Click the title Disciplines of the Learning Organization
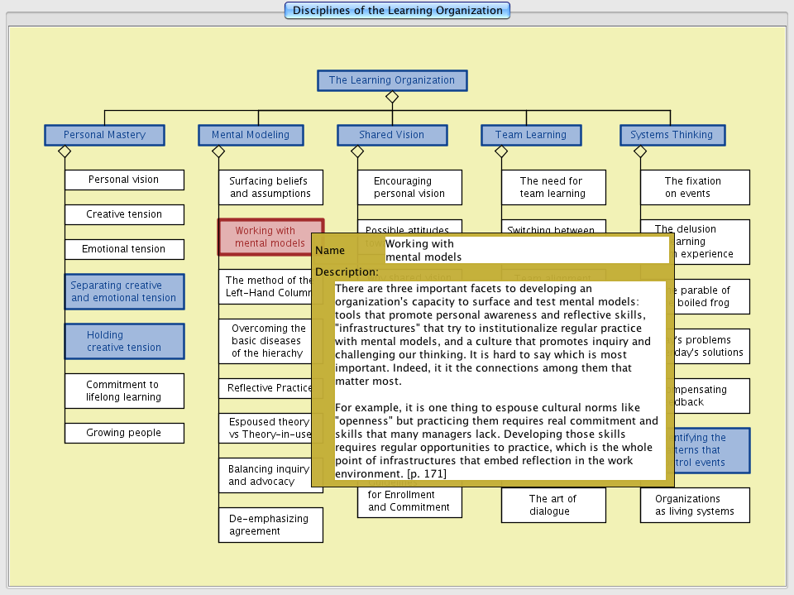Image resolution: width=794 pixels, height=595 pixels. tap(397, 11)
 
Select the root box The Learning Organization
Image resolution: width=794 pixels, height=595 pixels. tap(392, 80)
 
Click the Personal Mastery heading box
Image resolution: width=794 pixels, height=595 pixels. tap(104, 135)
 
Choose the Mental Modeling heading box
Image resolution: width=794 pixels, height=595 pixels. tap(251, 135)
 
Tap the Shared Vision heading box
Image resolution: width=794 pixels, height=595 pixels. tap(391, 135)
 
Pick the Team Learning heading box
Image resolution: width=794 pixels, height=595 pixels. tap(531, 135)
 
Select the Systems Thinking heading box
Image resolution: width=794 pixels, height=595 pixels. tap(672, 135)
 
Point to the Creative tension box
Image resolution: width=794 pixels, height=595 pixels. tap(124, 214)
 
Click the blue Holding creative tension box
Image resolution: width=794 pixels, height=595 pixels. tap(124, 341)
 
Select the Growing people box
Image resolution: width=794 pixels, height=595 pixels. tap(124, 433)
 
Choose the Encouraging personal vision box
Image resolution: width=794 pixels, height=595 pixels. tap(409, 187)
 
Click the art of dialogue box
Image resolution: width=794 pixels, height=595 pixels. tap(552, 505)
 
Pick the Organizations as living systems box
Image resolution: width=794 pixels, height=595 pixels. tap(695, 505)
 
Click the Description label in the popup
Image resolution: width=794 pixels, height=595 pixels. tap(347, 272)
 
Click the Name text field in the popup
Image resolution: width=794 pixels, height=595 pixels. tap(526, 250)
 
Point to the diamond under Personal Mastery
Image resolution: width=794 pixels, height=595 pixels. tap(65, 151)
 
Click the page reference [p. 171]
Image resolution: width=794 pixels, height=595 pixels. tap(427, 473)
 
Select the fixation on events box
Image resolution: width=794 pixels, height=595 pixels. tap(695, 187)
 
